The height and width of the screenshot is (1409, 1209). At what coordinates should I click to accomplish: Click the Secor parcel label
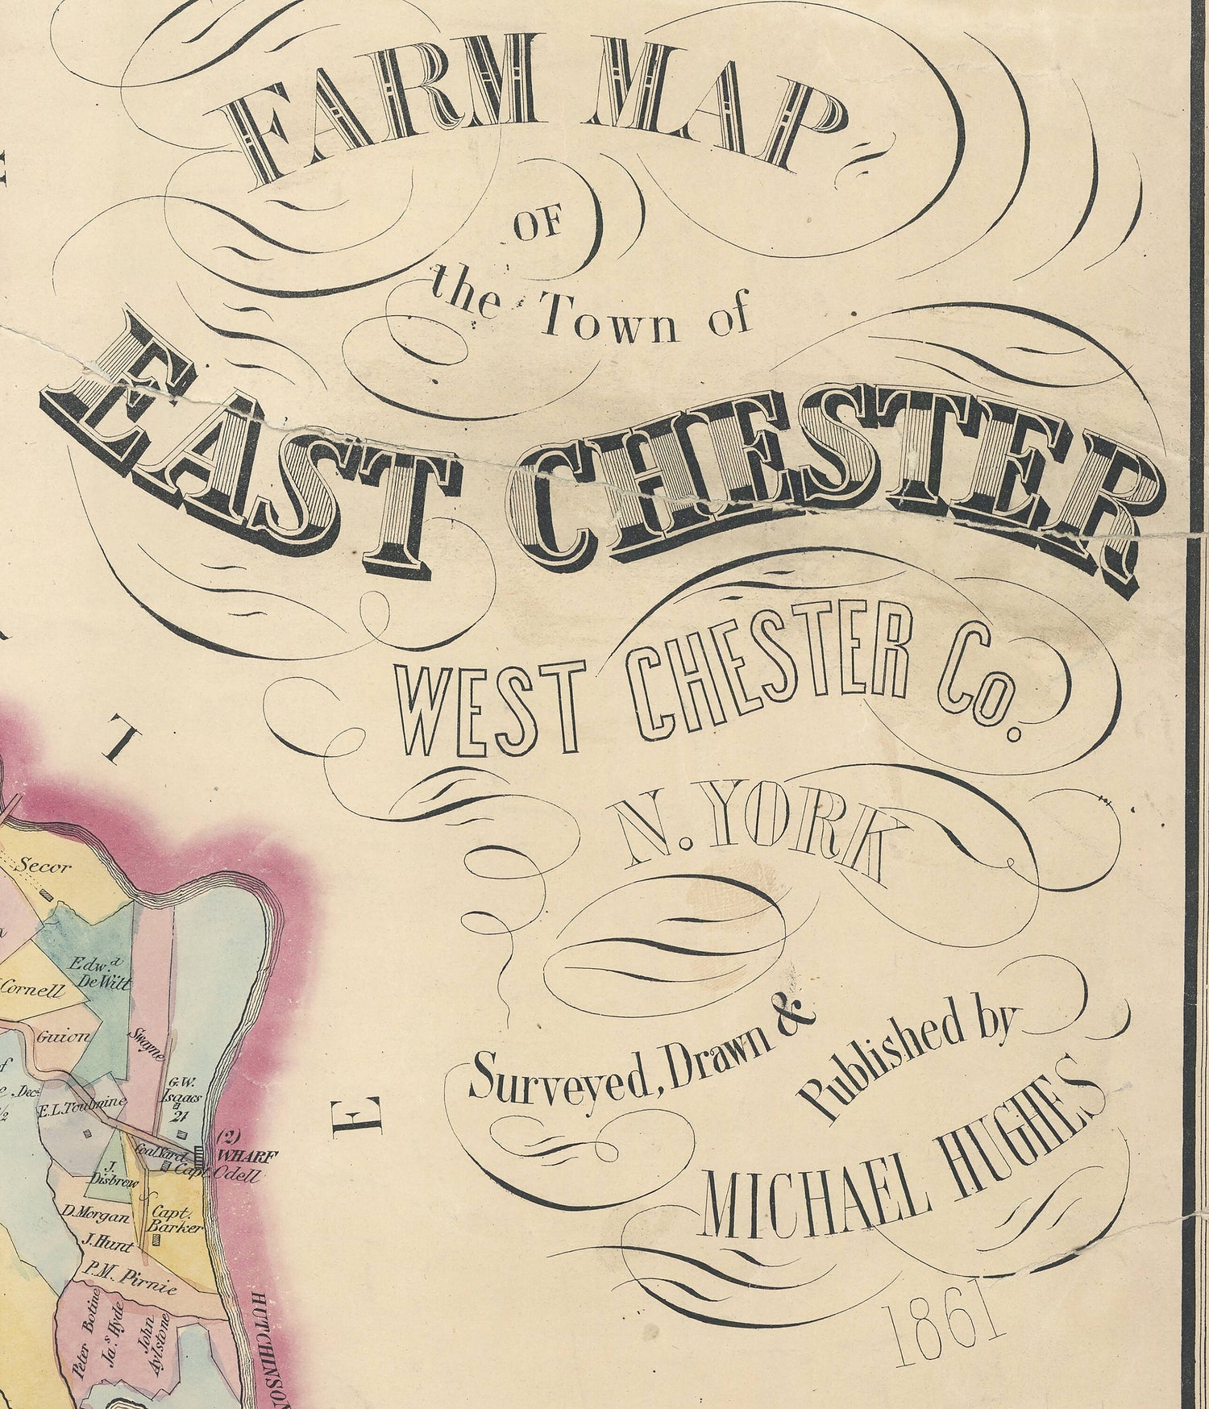coord(46,868)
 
